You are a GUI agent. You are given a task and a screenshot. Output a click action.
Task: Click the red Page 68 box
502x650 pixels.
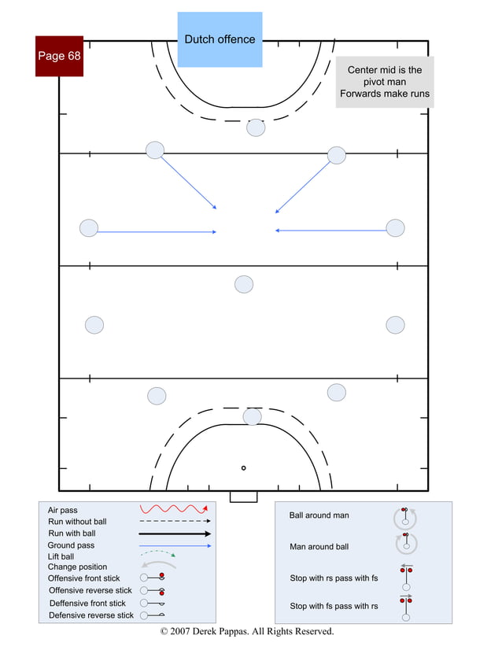click(x=59, y=56)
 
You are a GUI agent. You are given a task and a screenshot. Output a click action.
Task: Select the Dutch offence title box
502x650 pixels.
click(x=220, y=39)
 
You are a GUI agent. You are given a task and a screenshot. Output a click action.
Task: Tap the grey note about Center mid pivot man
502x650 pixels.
click(x=385, y=82)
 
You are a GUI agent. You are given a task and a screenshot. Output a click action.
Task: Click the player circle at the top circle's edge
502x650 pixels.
click(x=256, y=127)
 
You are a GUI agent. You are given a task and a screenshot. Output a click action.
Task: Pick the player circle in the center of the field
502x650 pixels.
click(x=244, y=284)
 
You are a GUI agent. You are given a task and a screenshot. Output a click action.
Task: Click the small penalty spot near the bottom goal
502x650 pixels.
click(x=243, y=467)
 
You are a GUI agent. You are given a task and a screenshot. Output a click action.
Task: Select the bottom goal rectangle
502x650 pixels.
click(x=243, y=497)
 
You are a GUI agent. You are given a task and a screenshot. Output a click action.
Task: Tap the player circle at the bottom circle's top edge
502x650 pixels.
click(x=252, y=416)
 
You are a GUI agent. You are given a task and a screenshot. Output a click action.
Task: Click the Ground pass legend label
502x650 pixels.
click(x=72, y=545)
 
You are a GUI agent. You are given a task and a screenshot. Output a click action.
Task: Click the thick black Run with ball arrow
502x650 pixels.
click(x=175, y=533)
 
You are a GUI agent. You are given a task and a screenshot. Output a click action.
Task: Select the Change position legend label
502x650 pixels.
click(x=77, y=567)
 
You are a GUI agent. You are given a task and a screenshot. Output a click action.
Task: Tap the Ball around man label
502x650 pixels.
click(x=319, y=515)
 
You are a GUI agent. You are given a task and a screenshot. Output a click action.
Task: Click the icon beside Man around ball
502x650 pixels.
click(x=406, y=542)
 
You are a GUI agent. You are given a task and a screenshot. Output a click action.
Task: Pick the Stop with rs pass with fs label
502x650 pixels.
click(x=334, y=578)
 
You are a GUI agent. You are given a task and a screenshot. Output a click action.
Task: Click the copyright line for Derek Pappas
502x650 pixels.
click(x=247, y=631)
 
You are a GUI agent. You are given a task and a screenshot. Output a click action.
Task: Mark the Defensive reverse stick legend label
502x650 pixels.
click(x=91, y=615)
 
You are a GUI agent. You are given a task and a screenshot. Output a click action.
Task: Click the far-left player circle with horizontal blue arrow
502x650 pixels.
click(x=89, y=228)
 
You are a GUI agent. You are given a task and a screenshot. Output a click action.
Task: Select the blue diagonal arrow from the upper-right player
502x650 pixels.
click(x=304, y=186)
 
